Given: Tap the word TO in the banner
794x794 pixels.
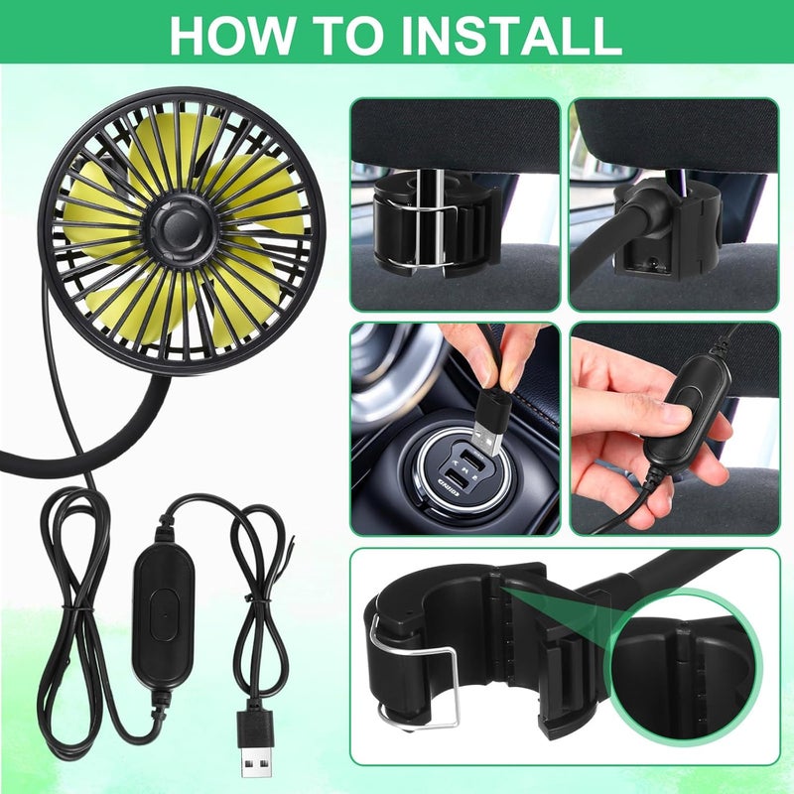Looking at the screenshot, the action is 339,36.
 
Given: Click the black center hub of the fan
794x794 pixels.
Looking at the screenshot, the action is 181,230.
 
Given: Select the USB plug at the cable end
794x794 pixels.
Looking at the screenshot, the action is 257,741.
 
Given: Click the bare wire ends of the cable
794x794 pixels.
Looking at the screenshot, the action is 290,544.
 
